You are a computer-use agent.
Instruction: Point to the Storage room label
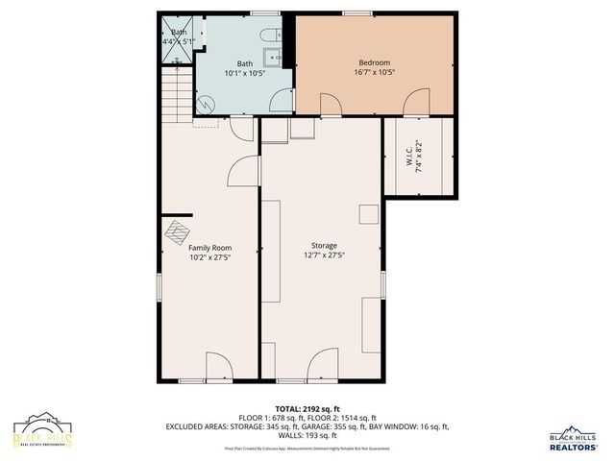coord(324,246)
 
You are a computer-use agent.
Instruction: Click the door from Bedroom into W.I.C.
coord(418,102)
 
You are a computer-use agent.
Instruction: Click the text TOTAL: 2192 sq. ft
coord(307,408)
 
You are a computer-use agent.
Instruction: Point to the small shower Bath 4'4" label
coord(178,36)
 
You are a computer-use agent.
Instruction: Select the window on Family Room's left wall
coord(160,289)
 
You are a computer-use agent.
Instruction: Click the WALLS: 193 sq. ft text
coord(307,435)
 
